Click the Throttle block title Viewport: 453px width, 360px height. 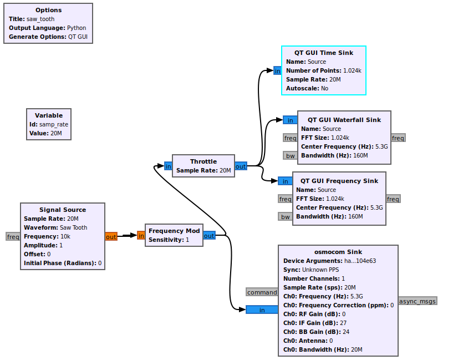(x=203, y=161)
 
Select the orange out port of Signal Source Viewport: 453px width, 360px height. (x=111, y=236)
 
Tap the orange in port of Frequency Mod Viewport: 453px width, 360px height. (x=141, y=236)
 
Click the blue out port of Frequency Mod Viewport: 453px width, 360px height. (x=209, y=236)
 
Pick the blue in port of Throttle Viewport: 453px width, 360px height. (x=168, y=166)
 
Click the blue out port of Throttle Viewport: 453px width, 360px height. (x=241, y=166)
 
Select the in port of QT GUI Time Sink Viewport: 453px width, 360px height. (x=277, y=70)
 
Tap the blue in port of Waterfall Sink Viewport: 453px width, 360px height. (x=290, y=120)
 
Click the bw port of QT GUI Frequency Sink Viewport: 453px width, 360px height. (x=286, y=216)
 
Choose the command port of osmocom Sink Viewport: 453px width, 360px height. (x=262, y=292)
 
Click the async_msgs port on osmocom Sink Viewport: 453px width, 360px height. (x=418, y=301)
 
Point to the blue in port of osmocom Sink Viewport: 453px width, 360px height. (x=262, y=310)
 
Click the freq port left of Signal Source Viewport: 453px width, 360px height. (x=13, y=236)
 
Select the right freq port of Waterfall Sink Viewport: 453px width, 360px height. (x=398, y=138)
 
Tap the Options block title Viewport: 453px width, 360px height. (x=49, y=10)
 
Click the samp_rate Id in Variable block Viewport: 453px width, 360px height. (x=53, y=124)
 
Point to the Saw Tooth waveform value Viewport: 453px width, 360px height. (x=73, y=227)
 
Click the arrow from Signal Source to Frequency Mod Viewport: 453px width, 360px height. (x=127, y=236)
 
